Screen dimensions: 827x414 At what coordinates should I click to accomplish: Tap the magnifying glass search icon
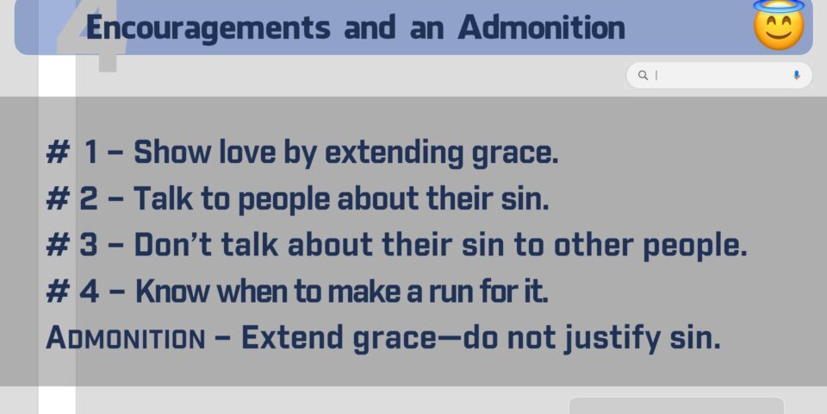643,75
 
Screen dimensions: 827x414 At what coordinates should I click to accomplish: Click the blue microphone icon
796,75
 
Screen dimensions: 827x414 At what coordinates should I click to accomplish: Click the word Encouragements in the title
208,28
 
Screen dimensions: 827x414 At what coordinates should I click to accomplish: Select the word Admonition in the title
541,28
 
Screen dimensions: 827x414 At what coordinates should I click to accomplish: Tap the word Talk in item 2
163,199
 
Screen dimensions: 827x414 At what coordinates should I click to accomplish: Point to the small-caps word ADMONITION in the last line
126,338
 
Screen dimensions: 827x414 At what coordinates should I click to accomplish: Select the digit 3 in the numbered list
89,245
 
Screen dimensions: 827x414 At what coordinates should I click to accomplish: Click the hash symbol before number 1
58,153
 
